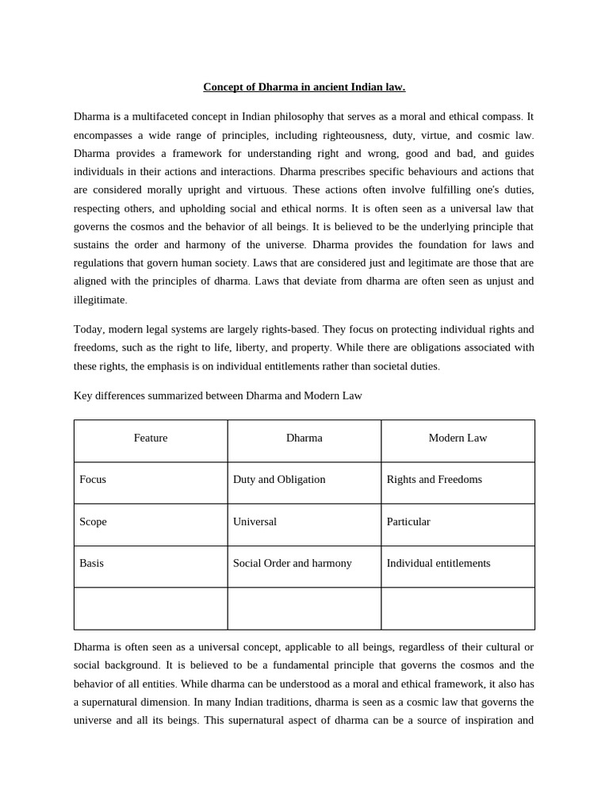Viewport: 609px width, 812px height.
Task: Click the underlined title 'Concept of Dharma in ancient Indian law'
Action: [304, 87]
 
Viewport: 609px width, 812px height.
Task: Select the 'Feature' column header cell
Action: [151, 438]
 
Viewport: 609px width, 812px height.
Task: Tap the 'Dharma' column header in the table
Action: [304, 438]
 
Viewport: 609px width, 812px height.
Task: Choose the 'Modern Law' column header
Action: [458, 438]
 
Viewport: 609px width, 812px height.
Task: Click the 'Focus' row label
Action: [93, 480]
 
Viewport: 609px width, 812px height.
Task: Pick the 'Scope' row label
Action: [93, 522]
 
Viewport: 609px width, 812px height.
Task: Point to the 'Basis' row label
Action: [92, 564]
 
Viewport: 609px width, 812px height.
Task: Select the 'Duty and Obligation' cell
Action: [279, 480]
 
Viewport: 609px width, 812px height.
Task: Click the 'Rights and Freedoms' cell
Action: [434, 480]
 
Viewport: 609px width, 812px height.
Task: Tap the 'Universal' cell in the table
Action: [255, 522]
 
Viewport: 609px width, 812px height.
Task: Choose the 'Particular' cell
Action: [408, 522]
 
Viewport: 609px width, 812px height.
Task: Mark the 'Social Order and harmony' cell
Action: [292, 564]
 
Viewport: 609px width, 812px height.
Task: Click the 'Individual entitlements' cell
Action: [438, 564]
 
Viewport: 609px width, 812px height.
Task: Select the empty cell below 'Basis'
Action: [151, 608]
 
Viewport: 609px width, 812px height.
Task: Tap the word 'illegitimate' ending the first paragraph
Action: [99, 300]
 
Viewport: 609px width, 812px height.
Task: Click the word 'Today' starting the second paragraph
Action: [89, 329]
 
